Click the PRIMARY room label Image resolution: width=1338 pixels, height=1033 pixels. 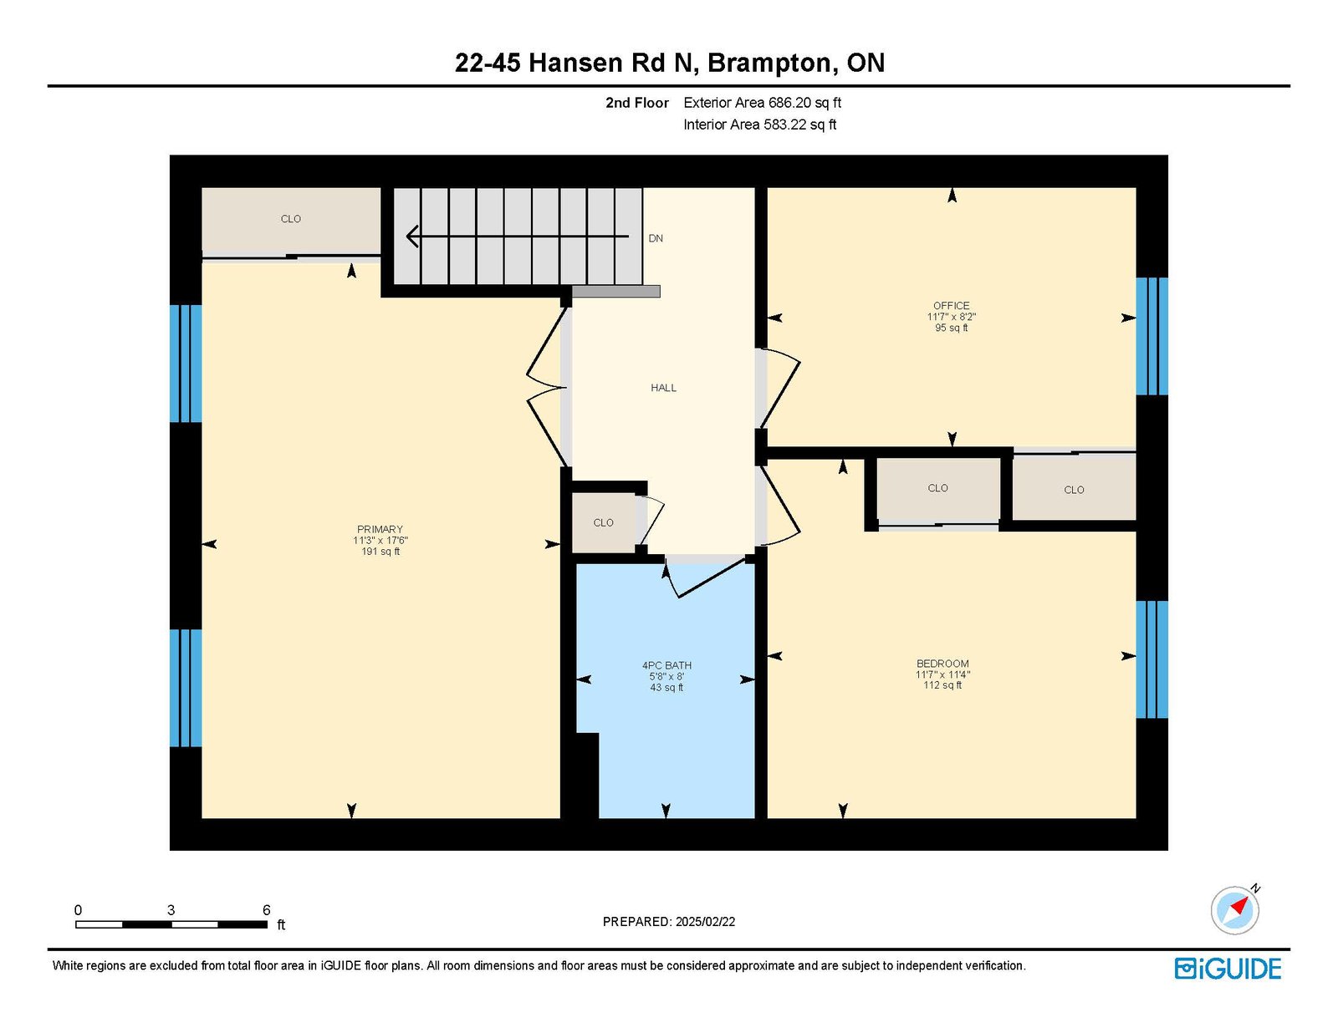click(380, 529)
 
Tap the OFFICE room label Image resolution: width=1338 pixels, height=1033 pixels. click(952, 306)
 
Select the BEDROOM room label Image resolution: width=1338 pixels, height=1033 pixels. click(942, 664)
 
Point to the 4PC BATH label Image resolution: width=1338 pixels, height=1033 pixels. click(666, 665)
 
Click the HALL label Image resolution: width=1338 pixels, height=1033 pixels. click(664, 388)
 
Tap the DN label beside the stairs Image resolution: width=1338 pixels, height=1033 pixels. click(656, 238)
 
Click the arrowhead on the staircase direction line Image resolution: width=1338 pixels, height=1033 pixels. click(412, 237)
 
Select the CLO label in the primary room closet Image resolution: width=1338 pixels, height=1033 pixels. click(291, 219)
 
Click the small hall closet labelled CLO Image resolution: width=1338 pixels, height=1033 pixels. click(604, 522)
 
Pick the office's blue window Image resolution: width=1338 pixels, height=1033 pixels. click(1152, 336)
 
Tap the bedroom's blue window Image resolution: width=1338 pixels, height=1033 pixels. click(1152, 659)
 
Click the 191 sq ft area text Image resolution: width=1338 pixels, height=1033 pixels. click(380, 552)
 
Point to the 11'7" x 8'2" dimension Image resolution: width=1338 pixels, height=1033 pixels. click(952, 317)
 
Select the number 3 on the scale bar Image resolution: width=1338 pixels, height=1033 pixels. click(171, 910)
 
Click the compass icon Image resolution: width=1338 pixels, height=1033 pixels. click(1234, 911)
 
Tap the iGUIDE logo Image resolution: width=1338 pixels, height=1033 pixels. click(1228, 969)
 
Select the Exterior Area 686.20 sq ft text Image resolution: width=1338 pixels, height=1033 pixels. click(763, 103)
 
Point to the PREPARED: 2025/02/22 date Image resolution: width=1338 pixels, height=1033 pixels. click(669, 922)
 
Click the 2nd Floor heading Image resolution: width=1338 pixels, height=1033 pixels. click(636, 103)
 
